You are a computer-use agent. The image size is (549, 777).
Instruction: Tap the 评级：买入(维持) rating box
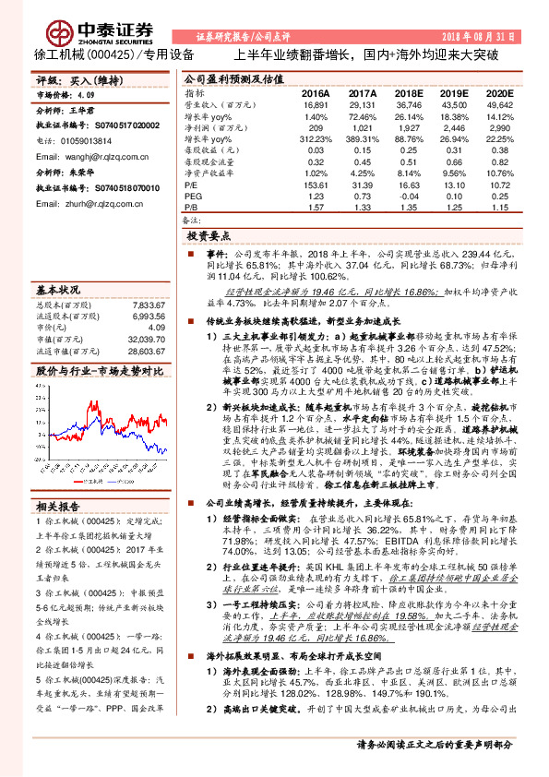click(x=73, y=81)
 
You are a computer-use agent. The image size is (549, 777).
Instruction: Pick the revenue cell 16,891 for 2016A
click(x=316, y=105)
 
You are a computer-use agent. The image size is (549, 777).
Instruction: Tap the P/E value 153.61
click(x=316, y=185)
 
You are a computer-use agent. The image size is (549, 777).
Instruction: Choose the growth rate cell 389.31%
click(x=362, y=136)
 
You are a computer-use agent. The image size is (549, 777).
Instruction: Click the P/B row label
click(x=193, y=207)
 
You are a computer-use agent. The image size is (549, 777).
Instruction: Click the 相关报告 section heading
click(x=59, y=507)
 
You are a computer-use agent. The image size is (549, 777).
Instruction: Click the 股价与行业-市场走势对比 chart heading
click(x=100, y=370)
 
